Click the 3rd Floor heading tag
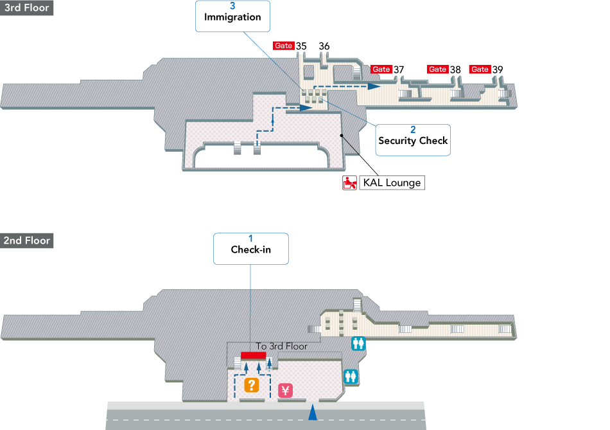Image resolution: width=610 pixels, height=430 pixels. [26, 8]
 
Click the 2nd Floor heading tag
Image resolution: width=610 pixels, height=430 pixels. [26, 240]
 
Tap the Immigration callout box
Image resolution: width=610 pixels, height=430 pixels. [232, 16]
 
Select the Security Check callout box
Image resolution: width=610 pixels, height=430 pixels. [413, 139]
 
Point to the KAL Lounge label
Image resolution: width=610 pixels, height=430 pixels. [392, 183]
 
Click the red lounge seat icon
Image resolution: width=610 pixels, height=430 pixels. [349, 183]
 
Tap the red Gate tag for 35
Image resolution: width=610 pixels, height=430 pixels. [283, 46]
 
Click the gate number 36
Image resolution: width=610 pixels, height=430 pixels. [324, 46]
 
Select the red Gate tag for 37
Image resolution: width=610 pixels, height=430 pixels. [381, 69]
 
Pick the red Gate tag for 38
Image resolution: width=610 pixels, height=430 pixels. [438, 69]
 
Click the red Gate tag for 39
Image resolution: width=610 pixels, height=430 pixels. [480, 69]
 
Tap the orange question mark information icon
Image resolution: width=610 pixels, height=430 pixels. [251, 385]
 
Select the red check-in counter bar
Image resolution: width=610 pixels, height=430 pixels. [253, 355]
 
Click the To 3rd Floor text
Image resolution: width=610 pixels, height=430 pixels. [281, 346]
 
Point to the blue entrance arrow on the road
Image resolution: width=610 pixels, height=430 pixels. [313, 413]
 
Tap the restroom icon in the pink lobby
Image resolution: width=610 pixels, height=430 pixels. [351, 376]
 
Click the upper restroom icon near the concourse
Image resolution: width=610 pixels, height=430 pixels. [358, 344]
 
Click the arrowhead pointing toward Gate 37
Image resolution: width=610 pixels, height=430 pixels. [374, 85]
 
